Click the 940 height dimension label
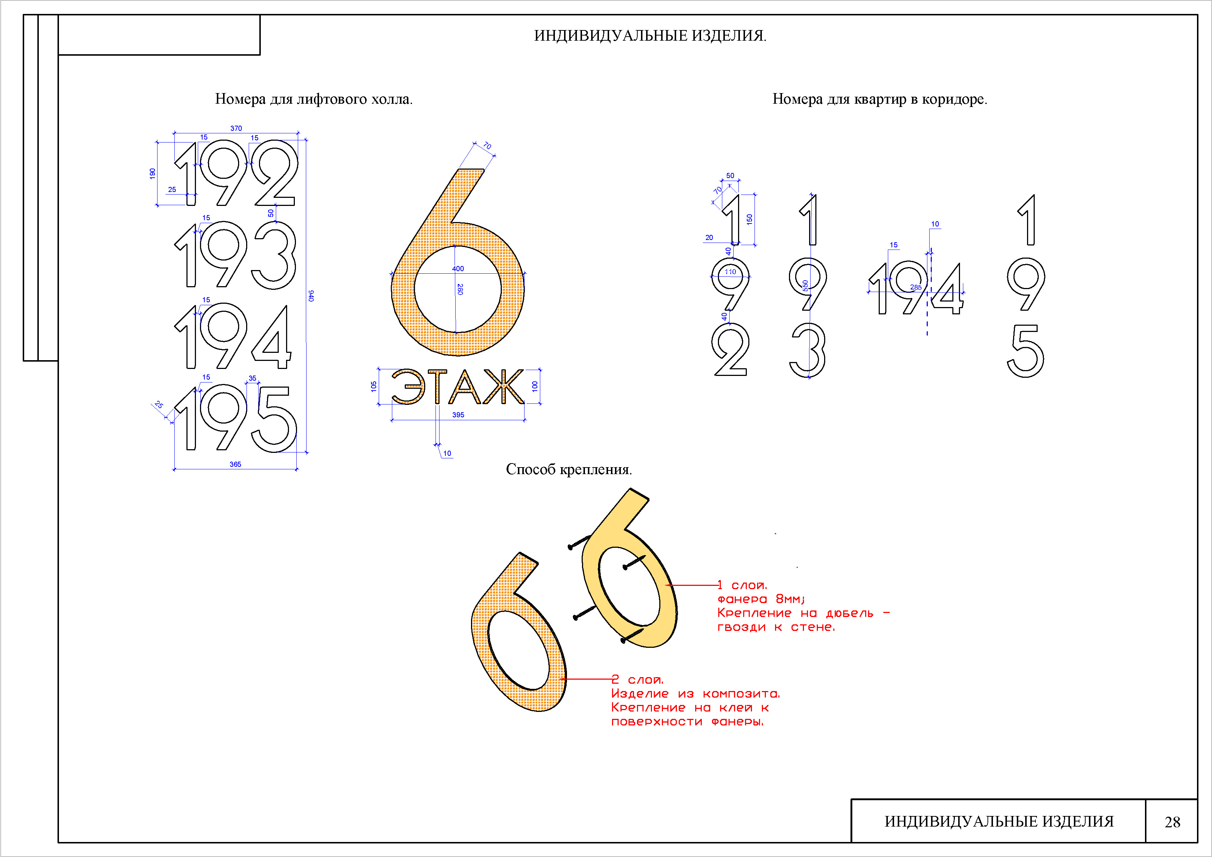311,296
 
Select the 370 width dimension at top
236,128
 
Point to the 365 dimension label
236,464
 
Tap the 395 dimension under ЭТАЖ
458,415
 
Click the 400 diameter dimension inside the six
458,269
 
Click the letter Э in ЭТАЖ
408,387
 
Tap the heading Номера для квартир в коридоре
879,99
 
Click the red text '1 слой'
742,585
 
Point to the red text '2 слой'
637,680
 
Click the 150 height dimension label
750,219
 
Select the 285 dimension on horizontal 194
916,287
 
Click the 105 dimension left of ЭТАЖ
374,386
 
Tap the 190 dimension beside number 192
153,173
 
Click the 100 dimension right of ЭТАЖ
535,386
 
